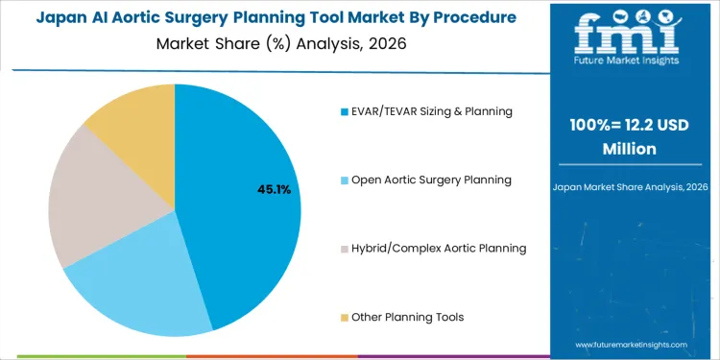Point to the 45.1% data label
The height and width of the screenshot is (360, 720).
tap(274, 190)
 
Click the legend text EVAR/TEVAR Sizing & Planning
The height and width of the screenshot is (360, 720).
tap(432, 111)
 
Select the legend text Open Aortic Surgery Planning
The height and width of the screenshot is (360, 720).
tap(431, 180)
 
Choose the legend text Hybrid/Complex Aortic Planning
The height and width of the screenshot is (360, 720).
tap(439, 248)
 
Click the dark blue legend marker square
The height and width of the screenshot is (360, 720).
tap(344, 112)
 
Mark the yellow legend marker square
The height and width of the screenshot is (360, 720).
tap(344, 317)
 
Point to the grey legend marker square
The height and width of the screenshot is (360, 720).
tap(344, 249)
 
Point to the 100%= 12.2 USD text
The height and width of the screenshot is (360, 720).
tap(631, 128)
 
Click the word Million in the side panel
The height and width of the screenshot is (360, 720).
tap(631, 149)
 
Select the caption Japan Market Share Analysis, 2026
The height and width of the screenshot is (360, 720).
tap(631, 186)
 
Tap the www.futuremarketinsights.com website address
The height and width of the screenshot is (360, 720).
tap(631, 344)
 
